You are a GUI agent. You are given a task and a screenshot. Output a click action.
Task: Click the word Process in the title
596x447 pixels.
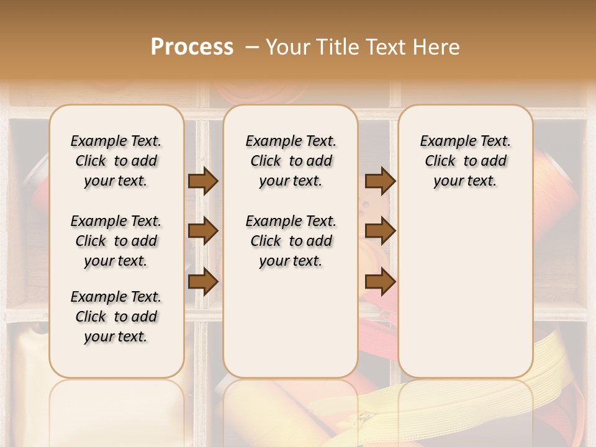(191, 47)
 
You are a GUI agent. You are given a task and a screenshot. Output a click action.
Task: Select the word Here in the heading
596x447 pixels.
(437, 47)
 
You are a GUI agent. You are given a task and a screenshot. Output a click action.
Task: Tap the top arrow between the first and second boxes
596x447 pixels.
(203, 181)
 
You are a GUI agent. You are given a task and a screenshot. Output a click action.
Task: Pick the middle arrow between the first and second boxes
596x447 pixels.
(203, 231)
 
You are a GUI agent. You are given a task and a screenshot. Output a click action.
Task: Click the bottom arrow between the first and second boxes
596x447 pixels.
(203, 281)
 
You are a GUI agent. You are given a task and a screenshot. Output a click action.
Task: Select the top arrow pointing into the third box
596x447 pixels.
(380, 181)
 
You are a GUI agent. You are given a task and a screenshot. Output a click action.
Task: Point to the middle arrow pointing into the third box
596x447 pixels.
(380, 231)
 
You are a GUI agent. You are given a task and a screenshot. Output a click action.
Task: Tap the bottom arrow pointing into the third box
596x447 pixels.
(380, 281)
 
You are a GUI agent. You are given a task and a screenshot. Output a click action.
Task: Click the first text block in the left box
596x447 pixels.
(116, 161)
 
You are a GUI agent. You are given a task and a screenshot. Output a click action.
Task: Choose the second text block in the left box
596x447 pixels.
(116, 241)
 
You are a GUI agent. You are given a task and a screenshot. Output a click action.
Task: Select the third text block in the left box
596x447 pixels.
(116, 317)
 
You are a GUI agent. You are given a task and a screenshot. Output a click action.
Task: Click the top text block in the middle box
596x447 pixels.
(291, 161)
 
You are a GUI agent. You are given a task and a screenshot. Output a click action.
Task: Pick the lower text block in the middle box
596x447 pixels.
(291, 241)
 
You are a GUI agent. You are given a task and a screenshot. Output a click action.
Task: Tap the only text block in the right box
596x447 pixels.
(465, 161)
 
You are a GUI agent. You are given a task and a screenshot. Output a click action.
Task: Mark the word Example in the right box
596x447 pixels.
(443, 142)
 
